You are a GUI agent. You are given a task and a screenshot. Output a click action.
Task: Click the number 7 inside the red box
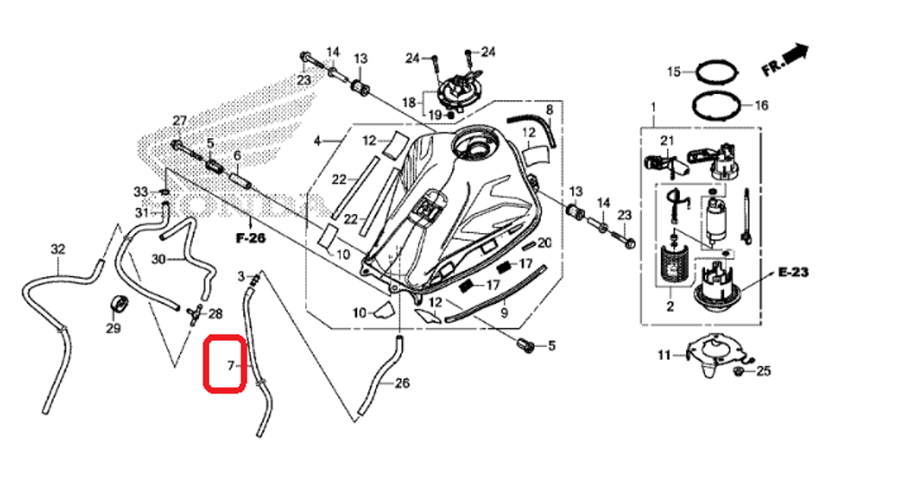(230, 366)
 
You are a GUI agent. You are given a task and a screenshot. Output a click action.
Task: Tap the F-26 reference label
(252, 238)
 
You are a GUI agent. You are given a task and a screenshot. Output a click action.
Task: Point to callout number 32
(57, 248)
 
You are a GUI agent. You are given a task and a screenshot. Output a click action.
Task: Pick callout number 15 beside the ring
(674, 71)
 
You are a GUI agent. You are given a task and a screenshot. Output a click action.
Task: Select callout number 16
(761, 105)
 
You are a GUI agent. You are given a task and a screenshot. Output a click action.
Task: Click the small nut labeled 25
(738, 370)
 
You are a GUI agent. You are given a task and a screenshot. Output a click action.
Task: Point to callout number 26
(402, 384)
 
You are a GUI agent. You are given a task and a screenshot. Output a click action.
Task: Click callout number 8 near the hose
(549, 109)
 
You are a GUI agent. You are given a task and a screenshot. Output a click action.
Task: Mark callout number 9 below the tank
(503, 313)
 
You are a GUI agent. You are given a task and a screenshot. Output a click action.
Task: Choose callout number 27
(179, 121)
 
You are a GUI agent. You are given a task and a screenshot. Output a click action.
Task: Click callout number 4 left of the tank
(317, 141)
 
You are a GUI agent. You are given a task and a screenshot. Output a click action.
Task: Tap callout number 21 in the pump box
(666, 141)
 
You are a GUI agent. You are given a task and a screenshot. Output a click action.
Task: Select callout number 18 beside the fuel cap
(408, 103)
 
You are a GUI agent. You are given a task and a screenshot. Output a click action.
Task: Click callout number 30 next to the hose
(158, 259)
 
